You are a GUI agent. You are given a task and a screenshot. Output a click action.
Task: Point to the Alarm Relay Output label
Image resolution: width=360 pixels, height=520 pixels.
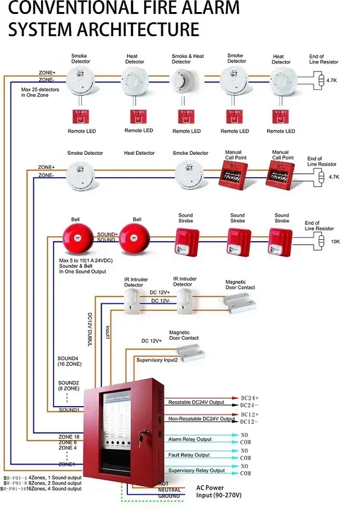click(190, 439)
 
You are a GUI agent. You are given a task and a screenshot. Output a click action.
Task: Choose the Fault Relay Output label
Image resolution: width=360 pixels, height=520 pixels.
click(189, 455)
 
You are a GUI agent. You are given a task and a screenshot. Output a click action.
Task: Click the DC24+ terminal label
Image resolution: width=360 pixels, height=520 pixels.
click(250, 398)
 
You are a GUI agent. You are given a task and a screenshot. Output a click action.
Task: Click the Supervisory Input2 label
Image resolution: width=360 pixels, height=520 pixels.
click(157, 360)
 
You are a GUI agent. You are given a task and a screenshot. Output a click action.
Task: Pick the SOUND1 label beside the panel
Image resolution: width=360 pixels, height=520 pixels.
click(69, 410)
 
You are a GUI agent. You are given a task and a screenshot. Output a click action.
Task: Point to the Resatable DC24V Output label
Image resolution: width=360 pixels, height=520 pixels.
click(196, 402)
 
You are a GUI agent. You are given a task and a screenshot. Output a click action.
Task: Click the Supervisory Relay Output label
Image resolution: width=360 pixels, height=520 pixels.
click(196, 470)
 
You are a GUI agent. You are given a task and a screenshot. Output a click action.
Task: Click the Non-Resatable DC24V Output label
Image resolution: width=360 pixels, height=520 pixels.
click(201, 418)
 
